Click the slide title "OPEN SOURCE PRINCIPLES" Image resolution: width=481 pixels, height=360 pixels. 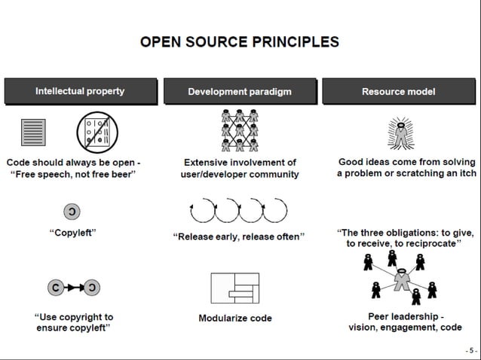(240, 42)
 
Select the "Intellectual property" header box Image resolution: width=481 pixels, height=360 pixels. (80, 91)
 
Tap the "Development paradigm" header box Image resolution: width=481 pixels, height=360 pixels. (240, 91)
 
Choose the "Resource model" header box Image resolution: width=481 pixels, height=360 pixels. (398, 91)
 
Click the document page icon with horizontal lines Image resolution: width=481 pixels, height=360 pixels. (33, 133)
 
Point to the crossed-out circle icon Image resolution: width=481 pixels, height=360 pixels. (97, 133)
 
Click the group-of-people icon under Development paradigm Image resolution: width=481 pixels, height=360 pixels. (240, 130)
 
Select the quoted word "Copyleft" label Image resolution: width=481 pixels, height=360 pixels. (73, 233)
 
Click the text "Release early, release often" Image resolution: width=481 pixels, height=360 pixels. (239, 236)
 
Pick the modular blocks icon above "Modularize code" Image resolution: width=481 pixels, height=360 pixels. (234, 288)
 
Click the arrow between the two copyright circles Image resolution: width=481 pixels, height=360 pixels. (73, 288)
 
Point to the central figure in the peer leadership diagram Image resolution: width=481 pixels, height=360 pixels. (400, 282)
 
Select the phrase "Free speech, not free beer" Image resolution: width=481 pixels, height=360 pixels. (73, 174)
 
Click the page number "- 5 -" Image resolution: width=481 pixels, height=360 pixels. (470, 351)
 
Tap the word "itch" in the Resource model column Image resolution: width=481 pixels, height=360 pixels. (464, 174)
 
